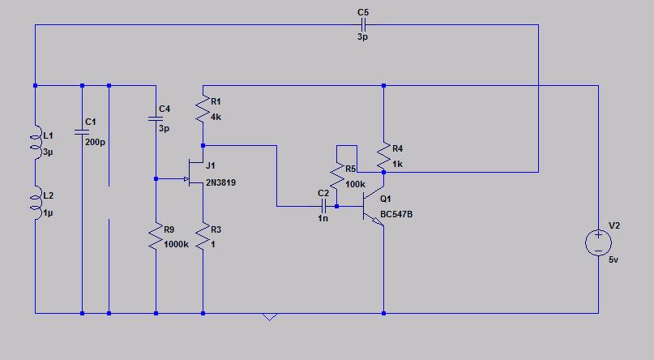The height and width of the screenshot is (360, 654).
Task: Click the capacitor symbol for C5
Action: (x=363, y=25)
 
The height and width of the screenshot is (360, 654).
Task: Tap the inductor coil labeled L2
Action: (x=36, y=203)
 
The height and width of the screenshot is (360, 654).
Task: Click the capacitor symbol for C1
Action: (x=82, y=132)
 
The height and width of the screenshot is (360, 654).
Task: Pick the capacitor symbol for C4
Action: (x=156, y=119)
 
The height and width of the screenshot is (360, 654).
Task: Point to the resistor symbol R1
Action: (x=203, y=109)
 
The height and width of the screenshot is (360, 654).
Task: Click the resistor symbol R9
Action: (x=156, y=237)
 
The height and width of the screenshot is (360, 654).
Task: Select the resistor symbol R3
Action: (x=203, y=237)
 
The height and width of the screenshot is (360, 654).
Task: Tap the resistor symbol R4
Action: (x=383, y=156)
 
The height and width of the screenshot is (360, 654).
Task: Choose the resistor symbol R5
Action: (x=337, y=177)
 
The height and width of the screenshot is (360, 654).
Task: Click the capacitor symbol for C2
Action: (x=323, y=206)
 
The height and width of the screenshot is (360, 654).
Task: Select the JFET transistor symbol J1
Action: (x=194, y=173)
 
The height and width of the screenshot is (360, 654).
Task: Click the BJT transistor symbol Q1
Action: (x=374, y=206)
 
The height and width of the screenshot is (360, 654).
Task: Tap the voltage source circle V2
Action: (x=598, y=242)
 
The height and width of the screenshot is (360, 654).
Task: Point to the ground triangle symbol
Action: (x=269, y=316)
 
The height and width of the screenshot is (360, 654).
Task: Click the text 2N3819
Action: (x=220, y=182)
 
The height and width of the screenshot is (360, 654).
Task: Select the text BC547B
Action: (x=396, y=214)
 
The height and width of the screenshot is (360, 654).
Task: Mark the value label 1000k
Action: (x=176, y=244)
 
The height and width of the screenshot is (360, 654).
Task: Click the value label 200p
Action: (x=95, y=142)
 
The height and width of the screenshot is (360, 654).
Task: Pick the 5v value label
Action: (x=613, y=260)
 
